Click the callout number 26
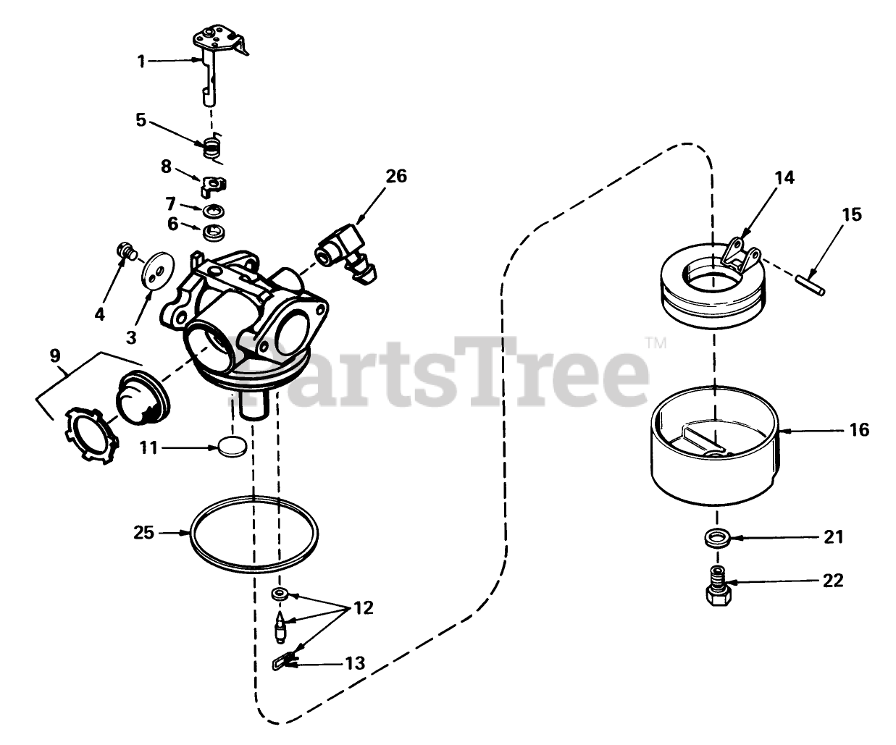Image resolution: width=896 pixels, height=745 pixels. coord(395,176)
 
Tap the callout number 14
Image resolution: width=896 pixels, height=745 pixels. coord(784,177)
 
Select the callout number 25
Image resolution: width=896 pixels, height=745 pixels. coord(143,533)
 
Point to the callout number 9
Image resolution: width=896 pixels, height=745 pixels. coord(55,355)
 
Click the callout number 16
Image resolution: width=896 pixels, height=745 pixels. coord(858,430)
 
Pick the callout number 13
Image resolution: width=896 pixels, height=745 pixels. coord(355,663)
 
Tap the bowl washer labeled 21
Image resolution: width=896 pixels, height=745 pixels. coord(716,538)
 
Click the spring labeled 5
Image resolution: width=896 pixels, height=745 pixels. coord(213,147)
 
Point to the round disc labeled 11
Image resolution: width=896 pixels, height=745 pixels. coord(233,447)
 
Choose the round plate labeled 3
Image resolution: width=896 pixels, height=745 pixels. coord(158,271)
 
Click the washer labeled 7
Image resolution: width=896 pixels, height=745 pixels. coord(213,211)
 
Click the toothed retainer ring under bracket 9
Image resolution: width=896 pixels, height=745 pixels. coord(91,434)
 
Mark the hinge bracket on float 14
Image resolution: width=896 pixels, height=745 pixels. coord(741,256)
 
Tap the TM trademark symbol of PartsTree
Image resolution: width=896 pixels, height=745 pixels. coord(656,343)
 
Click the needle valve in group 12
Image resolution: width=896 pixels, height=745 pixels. coord(280,627)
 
